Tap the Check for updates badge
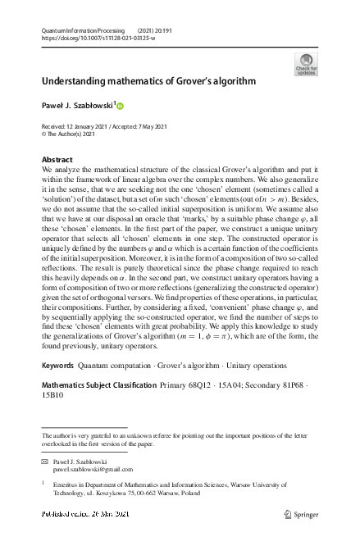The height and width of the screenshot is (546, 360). click(306, 65)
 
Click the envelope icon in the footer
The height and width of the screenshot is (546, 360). click(45, 462)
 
